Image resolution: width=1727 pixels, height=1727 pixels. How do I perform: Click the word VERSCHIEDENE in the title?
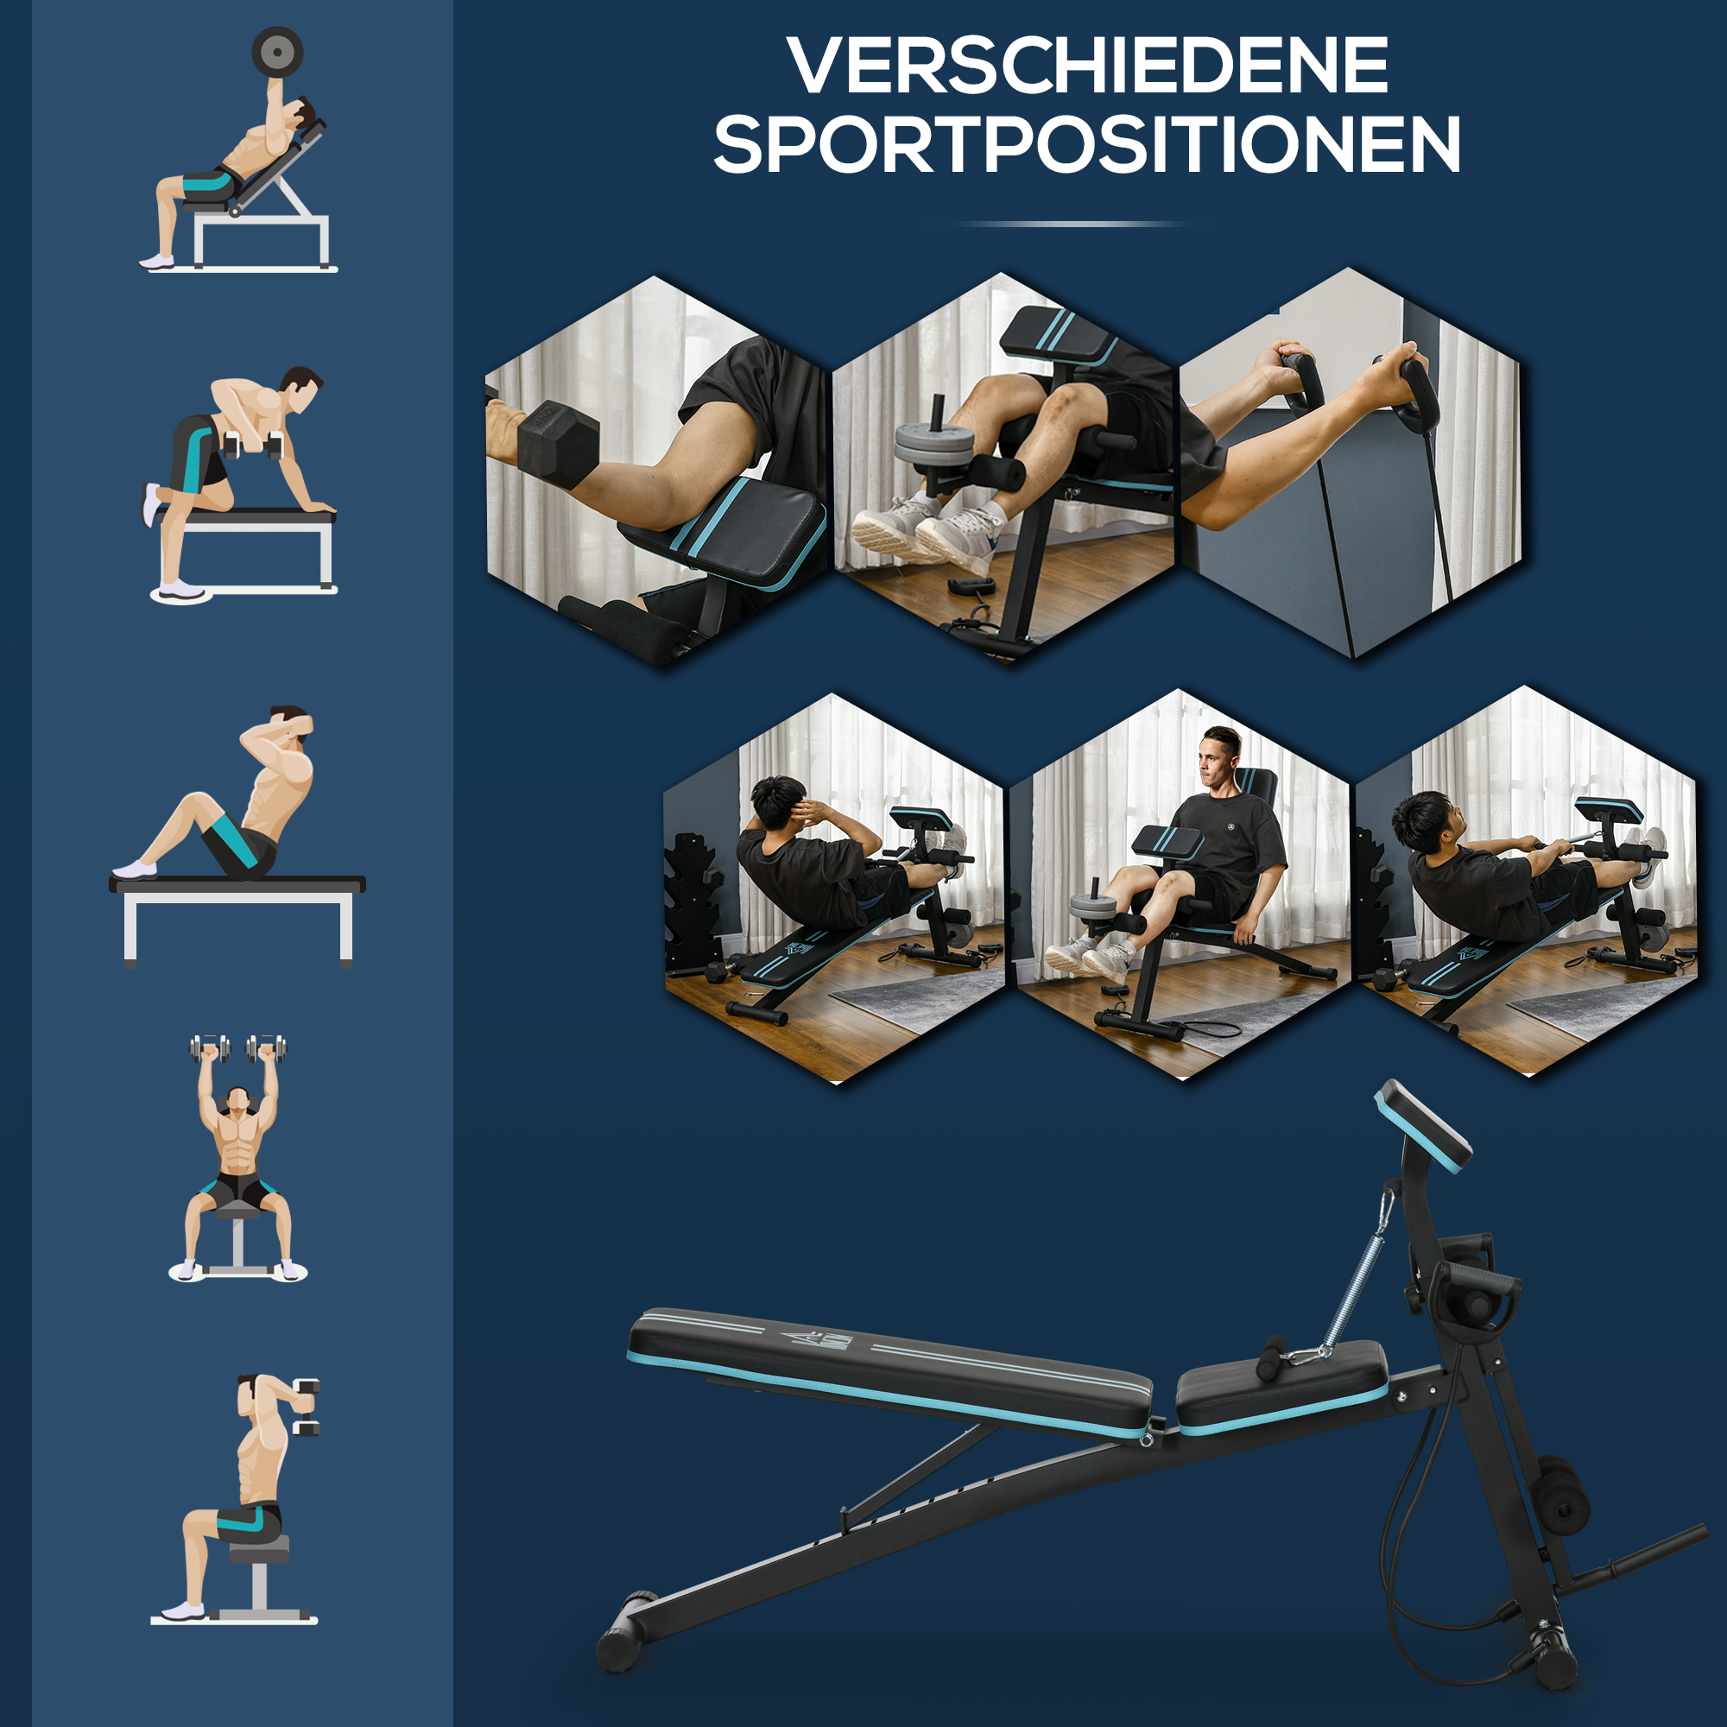pos(1087,66)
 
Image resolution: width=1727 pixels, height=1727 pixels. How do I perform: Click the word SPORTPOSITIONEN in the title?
pos(1087,144)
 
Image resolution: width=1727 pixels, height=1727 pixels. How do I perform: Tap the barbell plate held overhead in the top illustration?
pos(277,53)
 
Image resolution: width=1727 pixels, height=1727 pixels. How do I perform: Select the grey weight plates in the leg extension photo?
pos(935,442)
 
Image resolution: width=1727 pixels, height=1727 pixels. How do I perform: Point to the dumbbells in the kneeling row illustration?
pos(254,444)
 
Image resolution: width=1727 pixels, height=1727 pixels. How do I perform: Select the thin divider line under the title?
pos(1070,224)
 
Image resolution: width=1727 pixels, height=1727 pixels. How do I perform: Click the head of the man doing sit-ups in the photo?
pos(777,801)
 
